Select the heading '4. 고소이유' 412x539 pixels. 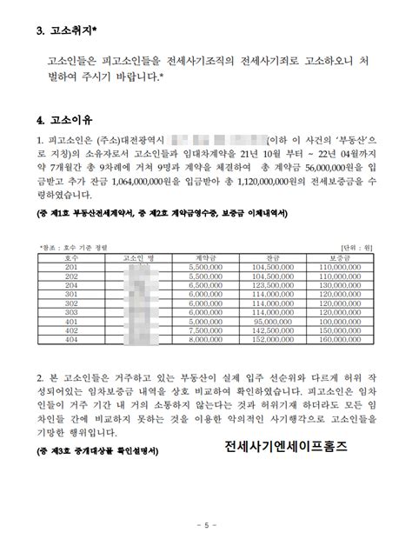coord(63,118)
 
